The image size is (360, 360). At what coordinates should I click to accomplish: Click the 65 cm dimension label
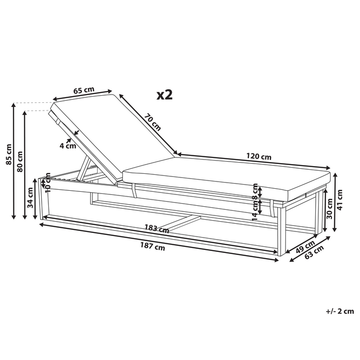click(x=83, y=91)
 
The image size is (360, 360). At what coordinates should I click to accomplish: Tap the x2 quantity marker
click(x=164, y=95)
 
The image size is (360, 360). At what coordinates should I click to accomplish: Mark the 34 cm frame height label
click(x=30, y=198)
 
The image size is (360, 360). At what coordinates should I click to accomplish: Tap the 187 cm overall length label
click(x=153, y=247)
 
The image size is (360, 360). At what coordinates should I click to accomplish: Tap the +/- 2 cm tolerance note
click(x=340, y=311)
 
